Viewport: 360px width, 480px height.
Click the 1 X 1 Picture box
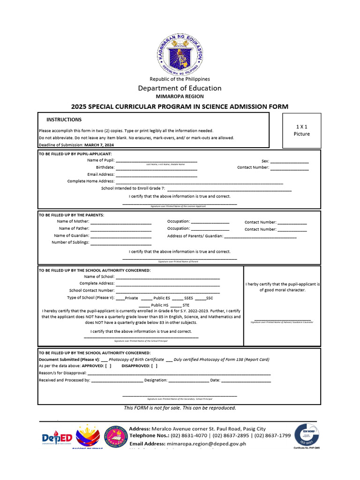(x=302, y=130)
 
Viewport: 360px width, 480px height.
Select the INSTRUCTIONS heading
(x=64, y=120)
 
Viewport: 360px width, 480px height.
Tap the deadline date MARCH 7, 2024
(x=99, y=145)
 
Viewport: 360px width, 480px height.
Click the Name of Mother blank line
(x=120, y=223)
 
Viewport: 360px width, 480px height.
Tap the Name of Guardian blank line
(x=120, y=237)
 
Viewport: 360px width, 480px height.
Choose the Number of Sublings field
(x=120, y=244)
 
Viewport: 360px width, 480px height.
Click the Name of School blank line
(x=167, y=278)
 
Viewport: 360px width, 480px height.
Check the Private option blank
(x=120, y=299)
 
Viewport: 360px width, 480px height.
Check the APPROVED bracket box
(x=108, y=366)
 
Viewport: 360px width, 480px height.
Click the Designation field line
(x=188, y=381)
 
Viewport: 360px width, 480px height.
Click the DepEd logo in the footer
(x=56, y=438)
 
